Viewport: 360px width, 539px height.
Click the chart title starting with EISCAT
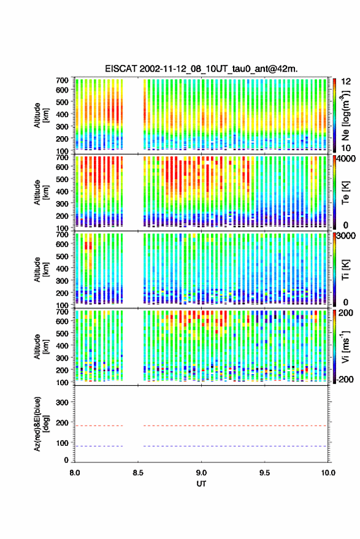[201, 69]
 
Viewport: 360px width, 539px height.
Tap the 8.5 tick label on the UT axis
[138, 473]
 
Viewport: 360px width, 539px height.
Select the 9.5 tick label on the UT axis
[264, 473]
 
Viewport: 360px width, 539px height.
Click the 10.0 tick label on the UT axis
[328, 473]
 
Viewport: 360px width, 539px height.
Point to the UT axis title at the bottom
[201, 484]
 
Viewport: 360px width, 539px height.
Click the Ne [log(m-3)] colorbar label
[345, 115]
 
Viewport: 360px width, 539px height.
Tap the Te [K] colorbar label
[345, 193]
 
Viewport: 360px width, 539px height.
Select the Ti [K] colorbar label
[345, 270]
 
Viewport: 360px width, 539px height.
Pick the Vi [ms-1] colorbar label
[345, 346]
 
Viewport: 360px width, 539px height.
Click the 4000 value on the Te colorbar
[346, 159]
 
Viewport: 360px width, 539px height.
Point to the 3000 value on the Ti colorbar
[346, 236]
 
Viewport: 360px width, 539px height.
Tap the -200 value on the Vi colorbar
[345, 380]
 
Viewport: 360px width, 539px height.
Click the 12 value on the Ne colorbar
[346, 82]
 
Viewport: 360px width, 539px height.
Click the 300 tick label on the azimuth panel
[62, 402]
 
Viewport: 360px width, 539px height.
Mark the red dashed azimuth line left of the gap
[99, 426]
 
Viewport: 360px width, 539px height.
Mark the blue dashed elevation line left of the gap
[99, 446]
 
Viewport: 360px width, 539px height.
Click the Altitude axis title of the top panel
[42, 115]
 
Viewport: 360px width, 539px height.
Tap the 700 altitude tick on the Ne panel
[62, 80]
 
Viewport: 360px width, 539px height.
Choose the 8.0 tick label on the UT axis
[75, 473]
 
